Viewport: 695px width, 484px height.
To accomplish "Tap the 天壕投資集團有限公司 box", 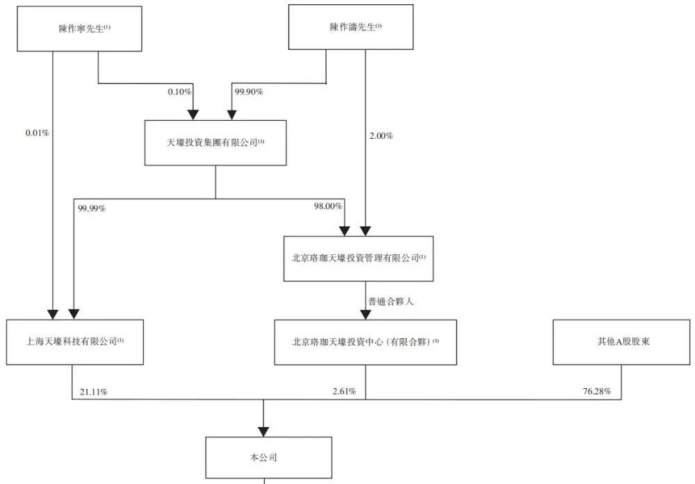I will click(215, 142).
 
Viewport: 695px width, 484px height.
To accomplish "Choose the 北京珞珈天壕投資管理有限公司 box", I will click(358, 258).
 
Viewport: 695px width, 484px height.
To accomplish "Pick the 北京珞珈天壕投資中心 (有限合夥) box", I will click(366, 342).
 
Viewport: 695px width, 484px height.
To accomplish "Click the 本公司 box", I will click(268, 458).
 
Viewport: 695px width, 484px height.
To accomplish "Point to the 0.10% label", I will click(179, 91).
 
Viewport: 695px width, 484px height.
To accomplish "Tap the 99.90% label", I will click(249, 91).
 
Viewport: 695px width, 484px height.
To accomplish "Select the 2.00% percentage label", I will click(381, 136).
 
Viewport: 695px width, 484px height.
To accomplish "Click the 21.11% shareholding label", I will click(93, 392).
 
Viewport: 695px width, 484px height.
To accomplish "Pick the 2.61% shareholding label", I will click(343, 392).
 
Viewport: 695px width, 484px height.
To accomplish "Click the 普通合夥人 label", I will click(391, 301).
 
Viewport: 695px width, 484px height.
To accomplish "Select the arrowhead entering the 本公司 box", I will click(263, 431).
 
